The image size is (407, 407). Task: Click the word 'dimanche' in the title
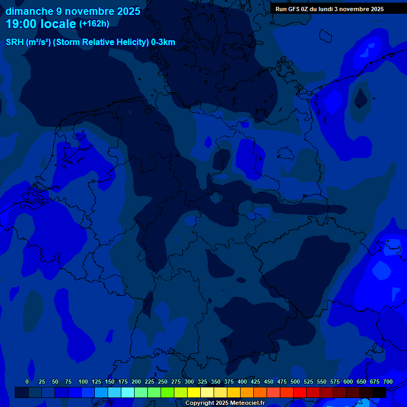(x=29, y=11)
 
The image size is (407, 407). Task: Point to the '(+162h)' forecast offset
(x=94, y=24)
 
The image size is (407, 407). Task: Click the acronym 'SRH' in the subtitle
(x=14, y=42)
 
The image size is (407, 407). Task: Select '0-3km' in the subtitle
(x=163, y=42)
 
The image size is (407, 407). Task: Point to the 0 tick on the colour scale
(x=27, y=382)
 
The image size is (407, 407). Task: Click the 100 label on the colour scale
(x=83, y=382)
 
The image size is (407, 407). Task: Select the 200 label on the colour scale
(x=136, y=382)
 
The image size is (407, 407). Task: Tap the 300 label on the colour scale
(x=189, y=382)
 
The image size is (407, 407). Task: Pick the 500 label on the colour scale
(x=295, y=382)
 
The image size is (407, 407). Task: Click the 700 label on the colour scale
(x=388, y=382)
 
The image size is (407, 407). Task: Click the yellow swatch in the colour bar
(x=194, y=392)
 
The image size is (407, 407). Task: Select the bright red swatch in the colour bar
(x=300, y=392)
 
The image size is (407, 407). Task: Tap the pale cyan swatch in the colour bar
(x=128, y=392)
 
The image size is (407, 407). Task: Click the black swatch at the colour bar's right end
(x=379, y=392)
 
